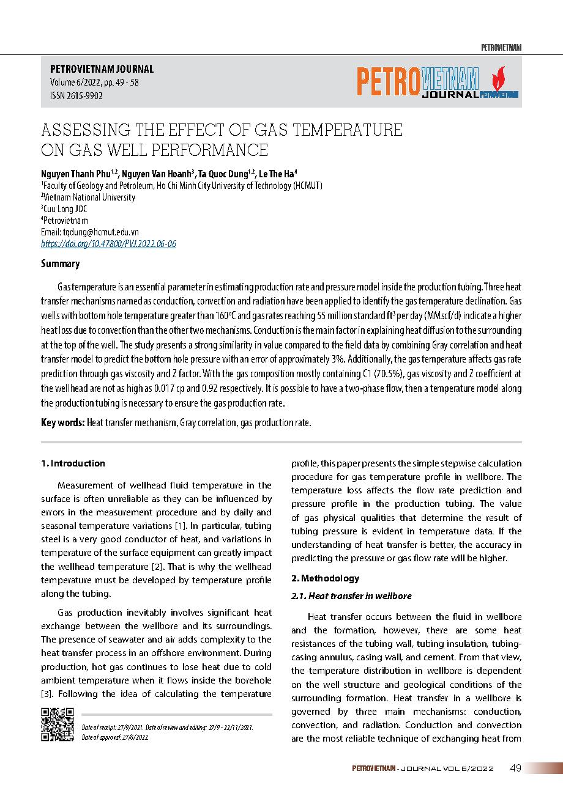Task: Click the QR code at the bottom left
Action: tap(57, 724)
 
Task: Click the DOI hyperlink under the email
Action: tap(108, 243)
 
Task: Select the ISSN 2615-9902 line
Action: tap(76, 95)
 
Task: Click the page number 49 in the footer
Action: tap(515, 768)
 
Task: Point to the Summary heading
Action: tap(60, 264)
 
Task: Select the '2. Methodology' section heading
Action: tap(325, 578)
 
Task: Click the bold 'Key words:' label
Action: tap(62, 422)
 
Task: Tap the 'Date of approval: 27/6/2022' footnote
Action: tap(115, 737)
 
